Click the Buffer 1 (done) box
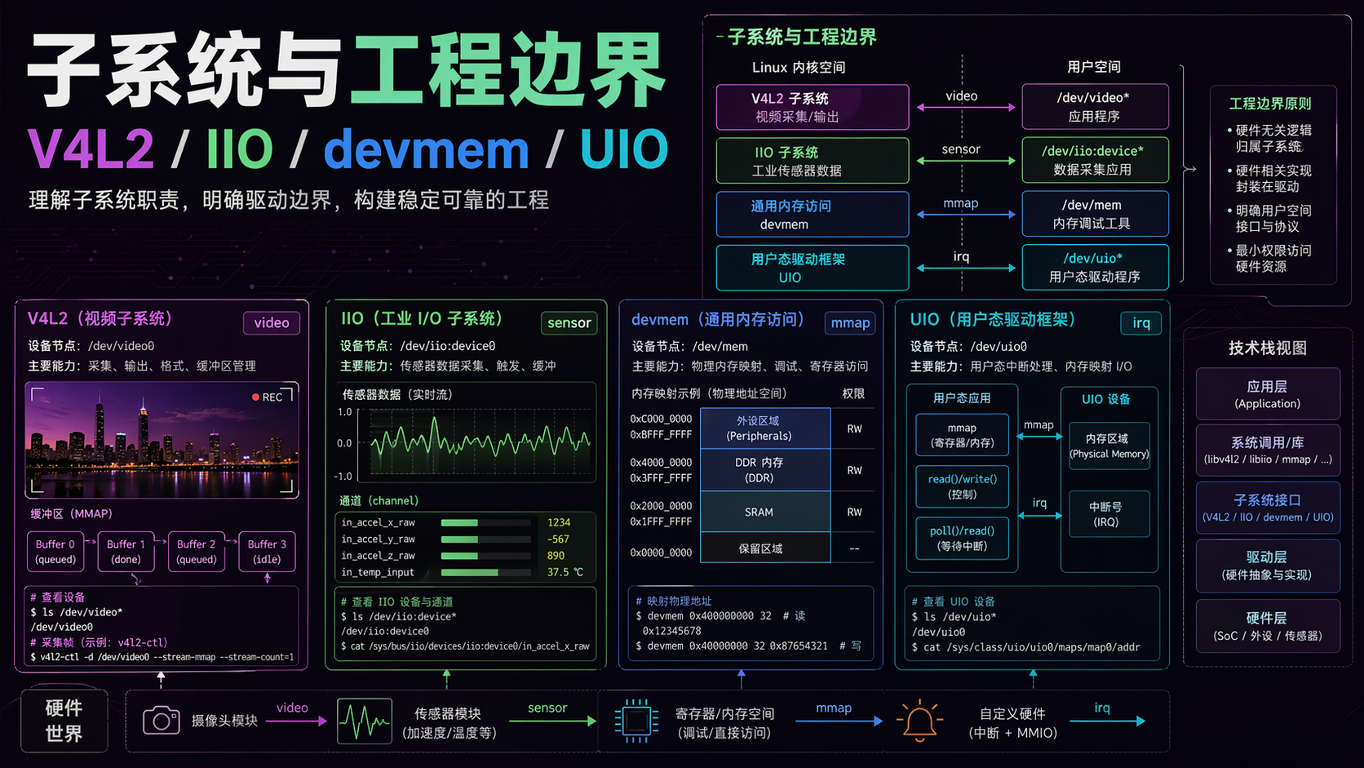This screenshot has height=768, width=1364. click(126, 552)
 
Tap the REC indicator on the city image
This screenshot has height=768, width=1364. click(268, 397)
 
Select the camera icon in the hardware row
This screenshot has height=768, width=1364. click(162, 721)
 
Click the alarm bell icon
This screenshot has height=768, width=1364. click(919, 721)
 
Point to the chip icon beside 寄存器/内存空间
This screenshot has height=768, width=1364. click(636, 721)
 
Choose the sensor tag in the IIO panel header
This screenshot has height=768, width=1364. click(569, 323)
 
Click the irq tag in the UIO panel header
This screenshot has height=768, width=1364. click(1140, 323)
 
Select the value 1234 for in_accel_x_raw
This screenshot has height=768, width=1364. click(559, 522)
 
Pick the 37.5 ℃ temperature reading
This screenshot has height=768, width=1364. click(565, 572)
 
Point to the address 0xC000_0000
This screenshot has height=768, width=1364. click(660, 419)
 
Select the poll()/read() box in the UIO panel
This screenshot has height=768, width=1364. click(962, 538)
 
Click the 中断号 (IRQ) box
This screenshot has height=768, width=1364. click(1105, 513)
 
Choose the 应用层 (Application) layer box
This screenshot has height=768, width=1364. click(1267, 393)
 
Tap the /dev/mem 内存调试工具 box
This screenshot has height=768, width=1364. click(1094, 214)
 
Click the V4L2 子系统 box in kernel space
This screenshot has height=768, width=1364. click(812, 107)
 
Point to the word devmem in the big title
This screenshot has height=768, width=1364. click(427, 150)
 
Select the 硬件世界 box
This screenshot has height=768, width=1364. click(64, 721)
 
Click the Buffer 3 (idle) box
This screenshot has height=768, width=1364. click(267, 552)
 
